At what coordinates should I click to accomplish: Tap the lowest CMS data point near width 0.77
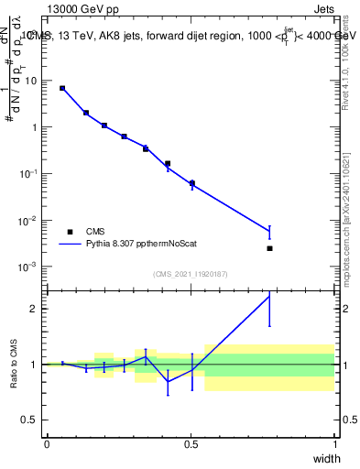269,248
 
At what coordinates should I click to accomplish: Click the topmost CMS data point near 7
62,88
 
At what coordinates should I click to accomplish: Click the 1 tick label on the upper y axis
36,127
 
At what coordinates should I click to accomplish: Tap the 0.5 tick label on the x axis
191,444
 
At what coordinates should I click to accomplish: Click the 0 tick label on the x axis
47,444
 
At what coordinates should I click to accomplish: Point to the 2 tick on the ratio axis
36,309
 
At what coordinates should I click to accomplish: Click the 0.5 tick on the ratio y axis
31,420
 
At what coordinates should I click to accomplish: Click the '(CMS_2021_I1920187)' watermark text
191,274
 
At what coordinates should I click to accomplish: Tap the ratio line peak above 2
269,295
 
